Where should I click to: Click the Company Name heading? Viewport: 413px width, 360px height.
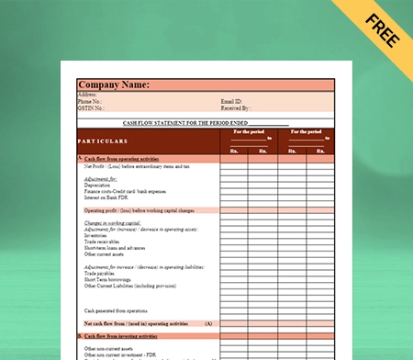[x=114, y=84]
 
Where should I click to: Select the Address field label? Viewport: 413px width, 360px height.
[x=88, y=94]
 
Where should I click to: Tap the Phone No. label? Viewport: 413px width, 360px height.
[x=90, y=101]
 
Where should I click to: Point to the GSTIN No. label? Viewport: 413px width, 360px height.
[x=91, y=108]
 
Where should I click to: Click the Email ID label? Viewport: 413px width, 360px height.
[x=231, y=101]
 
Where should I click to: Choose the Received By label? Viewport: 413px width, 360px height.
[x=235, y=108]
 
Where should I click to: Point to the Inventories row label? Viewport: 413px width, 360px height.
[x=95, y=235]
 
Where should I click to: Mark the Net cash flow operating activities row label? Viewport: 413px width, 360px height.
[x=138, y=323]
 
